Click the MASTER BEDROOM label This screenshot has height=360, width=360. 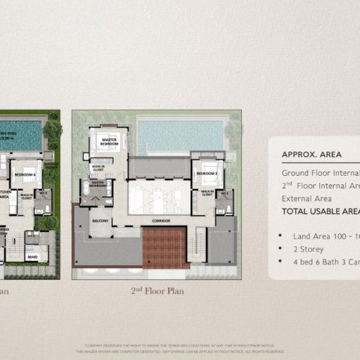point(109,141)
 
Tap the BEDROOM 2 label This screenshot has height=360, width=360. point(206,173)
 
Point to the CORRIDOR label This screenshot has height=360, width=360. point(160,220)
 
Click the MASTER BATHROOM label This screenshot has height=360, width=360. point(98,184)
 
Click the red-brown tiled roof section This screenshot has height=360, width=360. point(166,248)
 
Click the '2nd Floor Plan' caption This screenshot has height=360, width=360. point(157,290)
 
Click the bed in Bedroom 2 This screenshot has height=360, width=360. point(208,180)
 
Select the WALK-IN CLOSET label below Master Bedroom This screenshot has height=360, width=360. point(98,167)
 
